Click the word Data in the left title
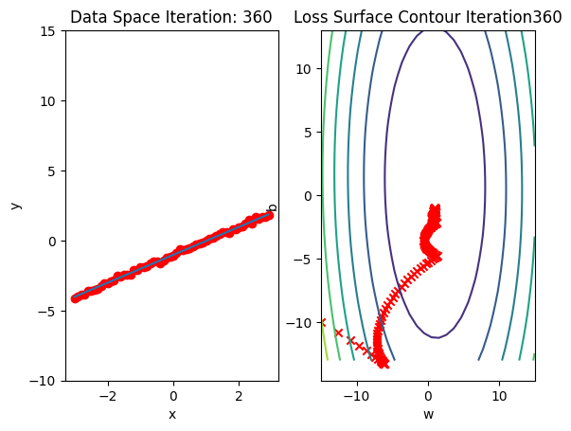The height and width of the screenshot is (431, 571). (x=88, y=17)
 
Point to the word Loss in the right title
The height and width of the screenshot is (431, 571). (x=309, y=17)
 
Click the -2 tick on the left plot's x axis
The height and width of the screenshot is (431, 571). (x=107, y=396)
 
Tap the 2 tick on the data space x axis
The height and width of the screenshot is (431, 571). (x=239, y=396)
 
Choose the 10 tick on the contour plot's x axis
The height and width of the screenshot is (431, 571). (x=498, y=396)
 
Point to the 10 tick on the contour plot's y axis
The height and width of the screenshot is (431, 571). (x=307, y=68)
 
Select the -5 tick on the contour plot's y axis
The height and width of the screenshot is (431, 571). (x=307, y=260)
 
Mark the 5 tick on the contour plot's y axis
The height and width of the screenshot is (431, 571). (x=311, y=132)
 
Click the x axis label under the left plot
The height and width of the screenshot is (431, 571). (x=172, y=414)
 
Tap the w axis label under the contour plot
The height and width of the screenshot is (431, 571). (x=428, y=414)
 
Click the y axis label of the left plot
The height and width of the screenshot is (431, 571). (x=14, y=206)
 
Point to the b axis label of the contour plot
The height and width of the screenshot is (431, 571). (x=273, y=207)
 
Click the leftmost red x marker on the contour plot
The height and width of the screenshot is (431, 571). (x=322, y=323)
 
